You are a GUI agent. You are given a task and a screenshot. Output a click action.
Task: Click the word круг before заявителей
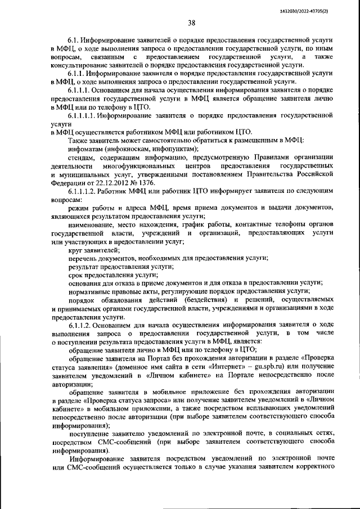click(x=76, y=249)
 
